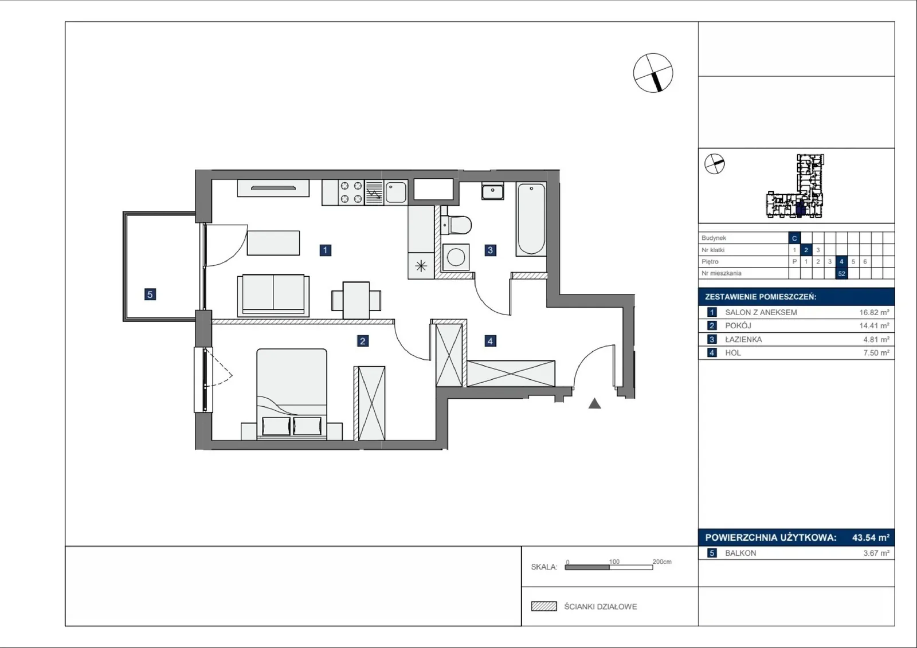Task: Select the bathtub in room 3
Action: (x=531, y=219)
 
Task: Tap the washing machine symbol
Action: (x=456, y=257)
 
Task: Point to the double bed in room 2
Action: (x=292, y=394)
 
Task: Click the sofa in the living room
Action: (x=273, y=295)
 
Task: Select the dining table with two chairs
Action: (x=356, y=300)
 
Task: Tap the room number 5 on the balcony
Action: (x=150, y=294)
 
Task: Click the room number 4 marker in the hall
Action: (x=491, y=340)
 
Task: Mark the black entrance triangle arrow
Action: (x=594, y=404)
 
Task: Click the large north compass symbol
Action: (x=653, y=73)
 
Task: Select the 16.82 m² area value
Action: (x=875, y=312)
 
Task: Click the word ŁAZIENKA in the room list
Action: (x=743, y=339)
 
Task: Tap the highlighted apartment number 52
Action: (x=842, y=273)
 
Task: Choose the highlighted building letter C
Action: (x=794, y=238)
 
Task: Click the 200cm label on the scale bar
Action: (x=662, y=561)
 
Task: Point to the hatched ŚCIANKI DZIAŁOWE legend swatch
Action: (x=544, y=606)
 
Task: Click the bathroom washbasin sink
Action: (x=493, y=191)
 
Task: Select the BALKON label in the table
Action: (x=740, y=553)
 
